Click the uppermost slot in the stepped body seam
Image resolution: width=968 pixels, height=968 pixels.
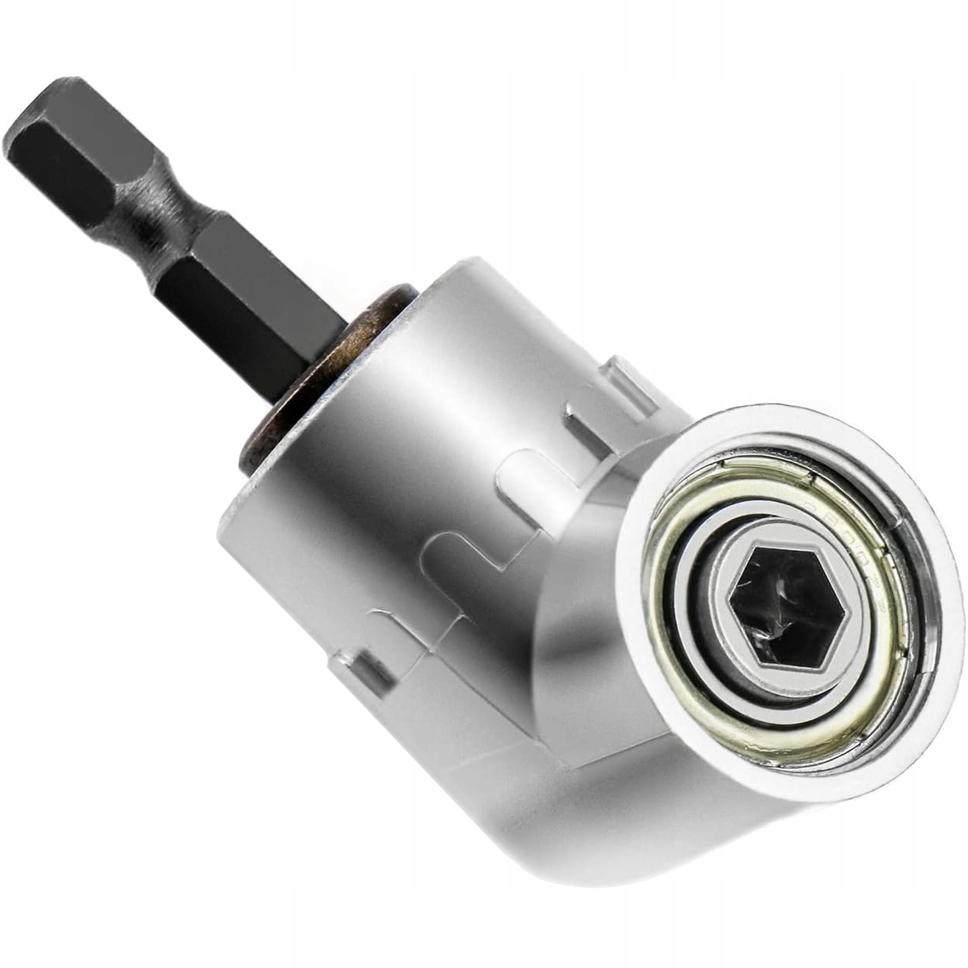coord(589,419)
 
